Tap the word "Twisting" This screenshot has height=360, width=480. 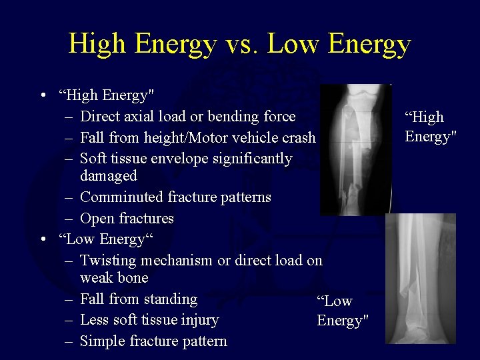coord(107,261)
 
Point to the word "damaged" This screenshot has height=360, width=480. coord(109,176)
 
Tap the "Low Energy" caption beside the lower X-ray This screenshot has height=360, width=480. coord(342,311)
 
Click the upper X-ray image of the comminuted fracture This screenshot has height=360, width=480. coord(355,149)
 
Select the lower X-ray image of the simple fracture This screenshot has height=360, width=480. coord(420,279)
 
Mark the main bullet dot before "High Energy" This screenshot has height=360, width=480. coord(42,96)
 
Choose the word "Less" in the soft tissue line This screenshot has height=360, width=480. coord(95,320)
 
